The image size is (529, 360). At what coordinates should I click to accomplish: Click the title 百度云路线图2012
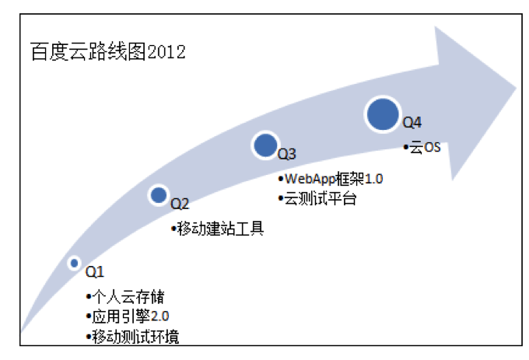coord(108,51)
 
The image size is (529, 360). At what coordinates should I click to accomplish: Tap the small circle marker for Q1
coord(74,263)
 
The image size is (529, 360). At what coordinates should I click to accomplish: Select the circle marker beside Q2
coord(159,195)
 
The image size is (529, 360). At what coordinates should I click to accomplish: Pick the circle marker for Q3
coord(265,145)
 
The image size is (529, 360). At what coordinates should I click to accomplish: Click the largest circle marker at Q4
coord(383,114)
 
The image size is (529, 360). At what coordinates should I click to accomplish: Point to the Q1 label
coord(95,271)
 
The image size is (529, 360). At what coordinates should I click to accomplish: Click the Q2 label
coord(180,204)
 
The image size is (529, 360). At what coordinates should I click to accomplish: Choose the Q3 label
coord(287,154)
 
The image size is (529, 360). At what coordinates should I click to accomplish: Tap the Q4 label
coord(412,122)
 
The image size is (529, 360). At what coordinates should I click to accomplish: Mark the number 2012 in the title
coord(166,52)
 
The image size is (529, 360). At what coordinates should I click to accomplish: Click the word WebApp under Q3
coord(310,179)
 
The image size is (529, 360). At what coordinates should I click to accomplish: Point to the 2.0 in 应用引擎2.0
coord(159,316)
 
